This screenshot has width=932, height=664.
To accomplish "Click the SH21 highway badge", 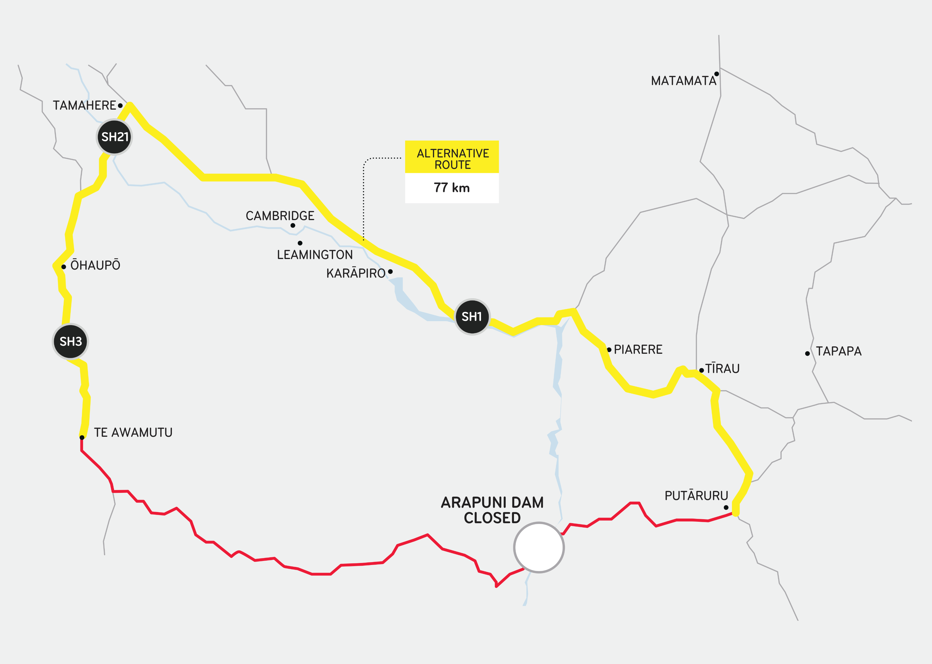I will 115,137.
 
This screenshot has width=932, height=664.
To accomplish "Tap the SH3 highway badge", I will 71,341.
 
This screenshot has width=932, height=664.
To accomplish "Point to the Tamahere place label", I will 84,106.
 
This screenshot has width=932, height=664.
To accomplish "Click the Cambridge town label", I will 280,216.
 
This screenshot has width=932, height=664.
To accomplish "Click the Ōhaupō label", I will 95,265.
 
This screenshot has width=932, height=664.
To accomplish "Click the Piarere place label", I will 638,349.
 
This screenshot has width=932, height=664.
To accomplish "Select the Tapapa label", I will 838,351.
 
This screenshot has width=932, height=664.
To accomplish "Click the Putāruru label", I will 696,496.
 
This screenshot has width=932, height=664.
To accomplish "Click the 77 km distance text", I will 452,188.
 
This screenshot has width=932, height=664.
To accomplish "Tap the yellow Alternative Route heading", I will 452,159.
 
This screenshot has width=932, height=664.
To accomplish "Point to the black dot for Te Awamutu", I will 82,438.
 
